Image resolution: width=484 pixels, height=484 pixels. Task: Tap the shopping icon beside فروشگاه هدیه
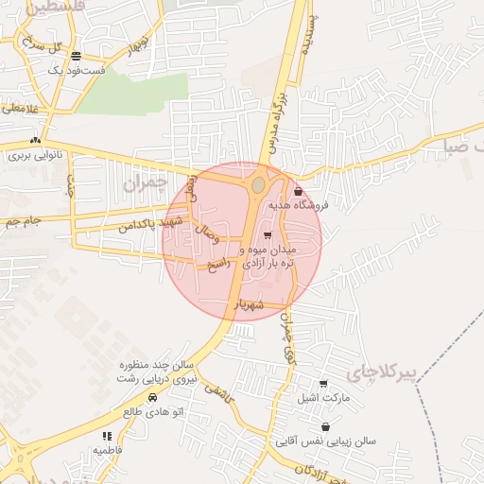click(x=298, y=192)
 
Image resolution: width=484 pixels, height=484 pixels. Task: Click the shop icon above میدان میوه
click(x=268, y=235)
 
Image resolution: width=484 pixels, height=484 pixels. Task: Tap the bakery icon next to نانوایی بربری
click(x=35, y=139)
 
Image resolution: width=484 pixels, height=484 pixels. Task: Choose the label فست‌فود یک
click(x=75, y=71)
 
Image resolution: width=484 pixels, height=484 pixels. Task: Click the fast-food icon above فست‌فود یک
click(x=76, y=56)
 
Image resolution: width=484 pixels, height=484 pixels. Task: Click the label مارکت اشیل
click(x=324, y=398)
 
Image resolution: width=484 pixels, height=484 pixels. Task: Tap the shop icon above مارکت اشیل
click(x=324, y=384)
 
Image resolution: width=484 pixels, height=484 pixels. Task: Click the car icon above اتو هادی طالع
click(x=152, y=398)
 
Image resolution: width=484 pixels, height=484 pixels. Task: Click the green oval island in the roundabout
click(x=258, y=185)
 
